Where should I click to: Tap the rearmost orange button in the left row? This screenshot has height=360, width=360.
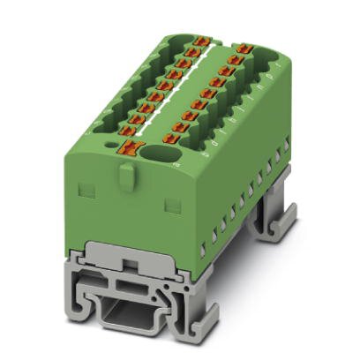click(x=201, y=41)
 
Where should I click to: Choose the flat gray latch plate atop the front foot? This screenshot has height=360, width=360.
click(x=134, y=264)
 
